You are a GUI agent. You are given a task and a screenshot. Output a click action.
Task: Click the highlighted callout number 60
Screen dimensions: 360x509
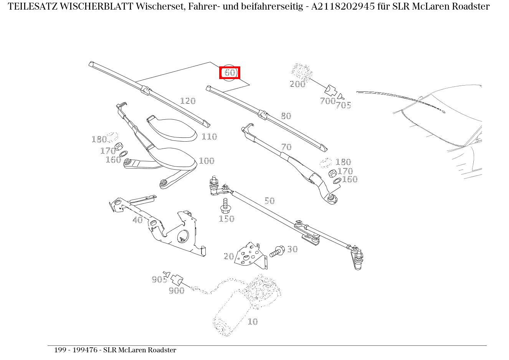point(230,73)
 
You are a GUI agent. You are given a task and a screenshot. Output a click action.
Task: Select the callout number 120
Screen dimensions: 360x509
point(188,101)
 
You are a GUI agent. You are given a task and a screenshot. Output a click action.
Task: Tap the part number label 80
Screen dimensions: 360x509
point(286,116)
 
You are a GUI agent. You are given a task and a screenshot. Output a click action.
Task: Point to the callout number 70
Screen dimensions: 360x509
point(286,147)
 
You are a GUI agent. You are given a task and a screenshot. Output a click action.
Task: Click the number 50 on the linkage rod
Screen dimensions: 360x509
point(269,201)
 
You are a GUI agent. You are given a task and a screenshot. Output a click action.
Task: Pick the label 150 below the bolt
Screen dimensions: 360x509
point(226,219)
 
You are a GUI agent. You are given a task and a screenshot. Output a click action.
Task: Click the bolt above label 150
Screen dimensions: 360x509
point(225,205)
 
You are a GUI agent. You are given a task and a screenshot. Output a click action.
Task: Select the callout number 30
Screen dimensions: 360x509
point(293,249)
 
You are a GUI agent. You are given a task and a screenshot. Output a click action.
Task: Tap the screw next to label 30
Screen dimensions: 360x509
point(277,252)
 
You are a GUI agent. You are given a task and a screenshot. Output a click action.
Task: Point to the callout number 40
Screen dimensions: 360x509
point(137,220)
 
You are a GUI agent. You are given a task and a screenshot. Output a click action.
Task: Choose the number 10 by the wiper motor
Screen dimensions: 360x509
point(253,322)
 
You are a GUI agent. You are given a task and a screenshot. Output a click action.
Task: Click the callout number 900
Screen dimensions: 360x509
point(177,291)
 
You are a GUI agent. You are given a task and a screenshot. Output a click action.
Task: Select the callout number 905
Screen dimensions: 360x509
point(159,279)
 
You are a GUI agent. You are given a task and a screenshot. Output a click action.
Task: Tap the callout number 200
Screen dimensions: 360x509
point(297,84)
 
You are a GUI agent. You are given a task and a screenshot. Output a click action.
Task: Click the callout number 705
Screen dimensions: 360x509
point(343,105)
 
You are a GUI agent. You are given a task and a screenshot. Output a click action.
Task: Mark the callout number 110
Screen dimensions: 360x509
point(209,137)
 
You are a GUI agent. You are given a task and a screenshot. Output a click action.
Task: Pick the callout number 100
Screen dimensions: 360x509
point(207,161)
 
